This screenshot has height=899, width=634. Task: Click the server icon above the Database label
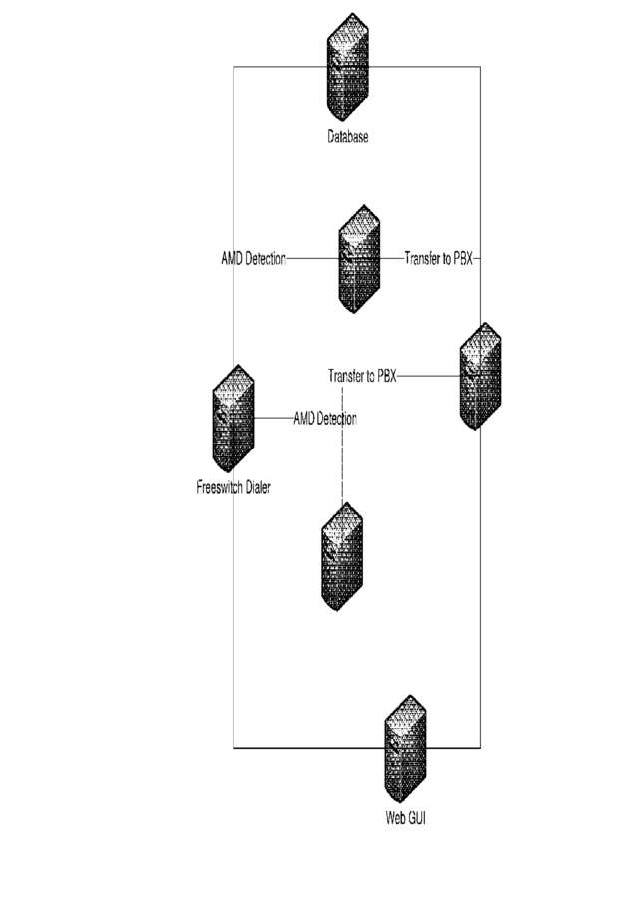348,67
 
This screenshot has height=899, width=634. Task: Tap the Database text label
348,137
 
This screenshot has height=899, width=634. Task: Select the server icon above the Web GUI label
405,749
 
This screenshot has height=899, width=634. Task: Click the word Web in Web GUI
393,817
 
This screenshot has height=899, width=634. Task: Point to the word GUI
415,817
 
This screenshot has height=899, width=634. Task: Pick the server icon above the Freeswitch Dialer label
233,418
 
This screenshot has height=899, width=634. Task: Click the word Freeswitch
219,487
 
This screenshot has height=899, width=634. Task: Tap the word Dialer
258,487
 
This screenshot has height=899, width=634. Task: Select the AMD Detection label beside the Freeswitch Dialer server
325,418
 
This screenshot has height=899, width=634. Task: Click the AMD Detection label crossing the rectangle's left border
254,258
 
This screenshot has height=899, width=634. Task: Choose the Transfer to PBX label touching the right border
439,258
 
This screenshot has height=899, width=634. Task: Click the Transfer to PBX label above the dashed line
362,376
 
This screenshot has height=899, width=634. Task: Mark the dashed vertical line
342,447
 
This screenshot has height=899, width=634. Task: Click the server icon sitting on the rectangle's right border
480,376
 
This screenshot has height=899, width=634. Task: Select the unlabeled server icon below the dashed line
342,557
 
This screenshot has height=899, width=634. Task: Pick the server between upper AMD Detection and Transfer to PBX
359,259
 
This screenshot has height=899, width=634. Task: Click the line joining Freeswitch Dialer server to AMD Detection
274,418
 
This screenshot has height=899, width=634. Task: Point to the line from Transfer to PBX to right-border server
428,377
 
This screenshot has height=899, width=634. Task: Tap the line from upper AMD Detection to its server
313,258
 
